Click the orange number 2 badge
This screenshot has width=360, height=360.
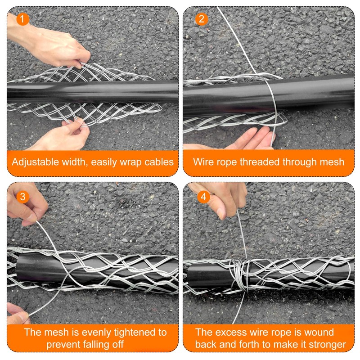pos(201,19)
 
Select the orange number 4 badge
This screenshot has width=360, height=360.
pos(203,197)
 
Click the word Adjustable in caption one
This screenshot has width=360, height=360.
pos(34,162)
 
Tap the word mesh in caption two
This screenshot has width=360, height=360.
pos(332,162)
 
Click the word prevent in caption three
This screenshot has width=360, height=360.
pos(62,345)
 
